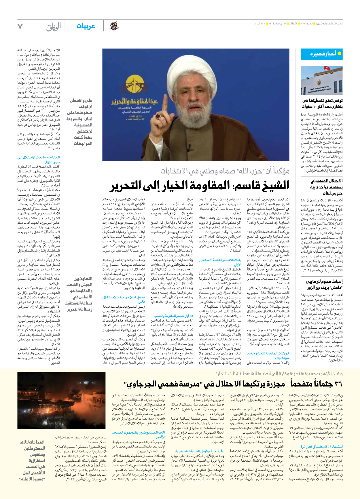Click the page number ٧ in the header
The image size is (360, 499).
pos(20,26)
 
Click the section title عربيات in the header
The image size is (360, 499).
pos(86,26)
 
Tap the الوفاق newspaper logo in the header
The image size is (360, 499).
pos(54,26)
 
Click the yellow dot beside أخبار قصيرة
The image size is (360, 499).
pos(339,54)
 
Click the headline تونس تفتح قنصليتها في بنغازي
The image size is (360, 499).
pos(322,104)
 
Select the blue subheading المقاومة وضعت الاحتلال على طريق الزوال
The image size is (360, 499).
pos(38,160)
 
